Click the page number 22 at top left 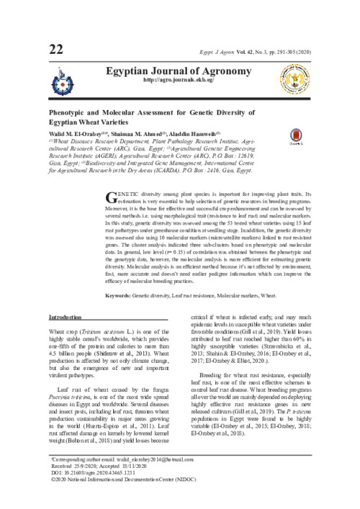(57, 49)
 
